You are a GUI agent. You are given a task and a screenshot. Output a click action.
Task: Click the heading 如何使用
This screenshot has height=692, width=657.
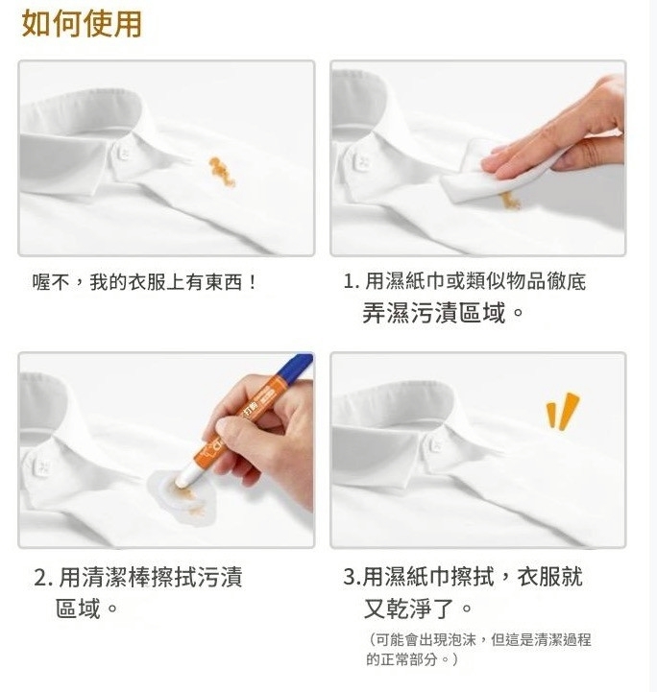(x=82, y=24)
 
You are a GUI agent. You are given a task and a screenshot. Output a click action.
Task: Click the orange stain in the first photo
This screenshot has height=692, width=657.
(x=222, y=171)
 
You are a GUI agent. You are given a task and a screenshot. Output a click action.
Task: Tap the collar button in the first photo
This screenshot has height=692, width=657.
(x=124, y=154)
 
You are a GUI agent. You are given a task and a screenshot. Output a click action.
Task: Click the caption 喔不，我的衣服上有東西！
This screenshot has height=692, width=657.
(x=144, y=282)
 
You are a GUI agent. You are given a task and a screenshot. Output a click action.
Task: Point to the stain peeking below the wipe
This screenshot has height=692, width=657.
(x=510, y=202)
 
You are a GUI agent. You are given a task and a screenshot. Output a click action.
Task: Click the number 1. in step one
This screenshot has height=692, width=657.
(x=352, y=281)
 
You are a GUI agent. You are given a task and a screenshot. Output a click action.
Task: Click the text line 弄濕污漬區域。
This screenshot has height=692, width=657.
(x=443, y=313)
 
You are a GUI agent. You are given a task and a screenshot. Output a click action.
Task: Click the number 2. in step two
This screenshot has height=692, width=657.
(x=43, y=578)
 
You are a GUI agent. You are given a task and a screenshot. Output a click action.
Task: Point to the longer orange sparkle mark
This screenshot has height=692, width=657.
(x=570, y=412)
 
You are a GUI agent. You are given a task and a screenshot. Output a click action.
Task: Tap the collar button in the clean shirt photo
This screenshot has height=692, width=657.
(x=434, y=443)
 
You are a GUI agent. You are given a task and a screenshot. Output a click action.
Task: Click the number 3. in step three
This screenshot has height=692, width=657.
(x=352, y=577)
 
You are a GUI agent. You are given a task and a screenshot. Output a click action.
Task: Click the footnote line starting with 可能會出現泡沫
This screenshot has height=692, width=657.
(x=479, y=639)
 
